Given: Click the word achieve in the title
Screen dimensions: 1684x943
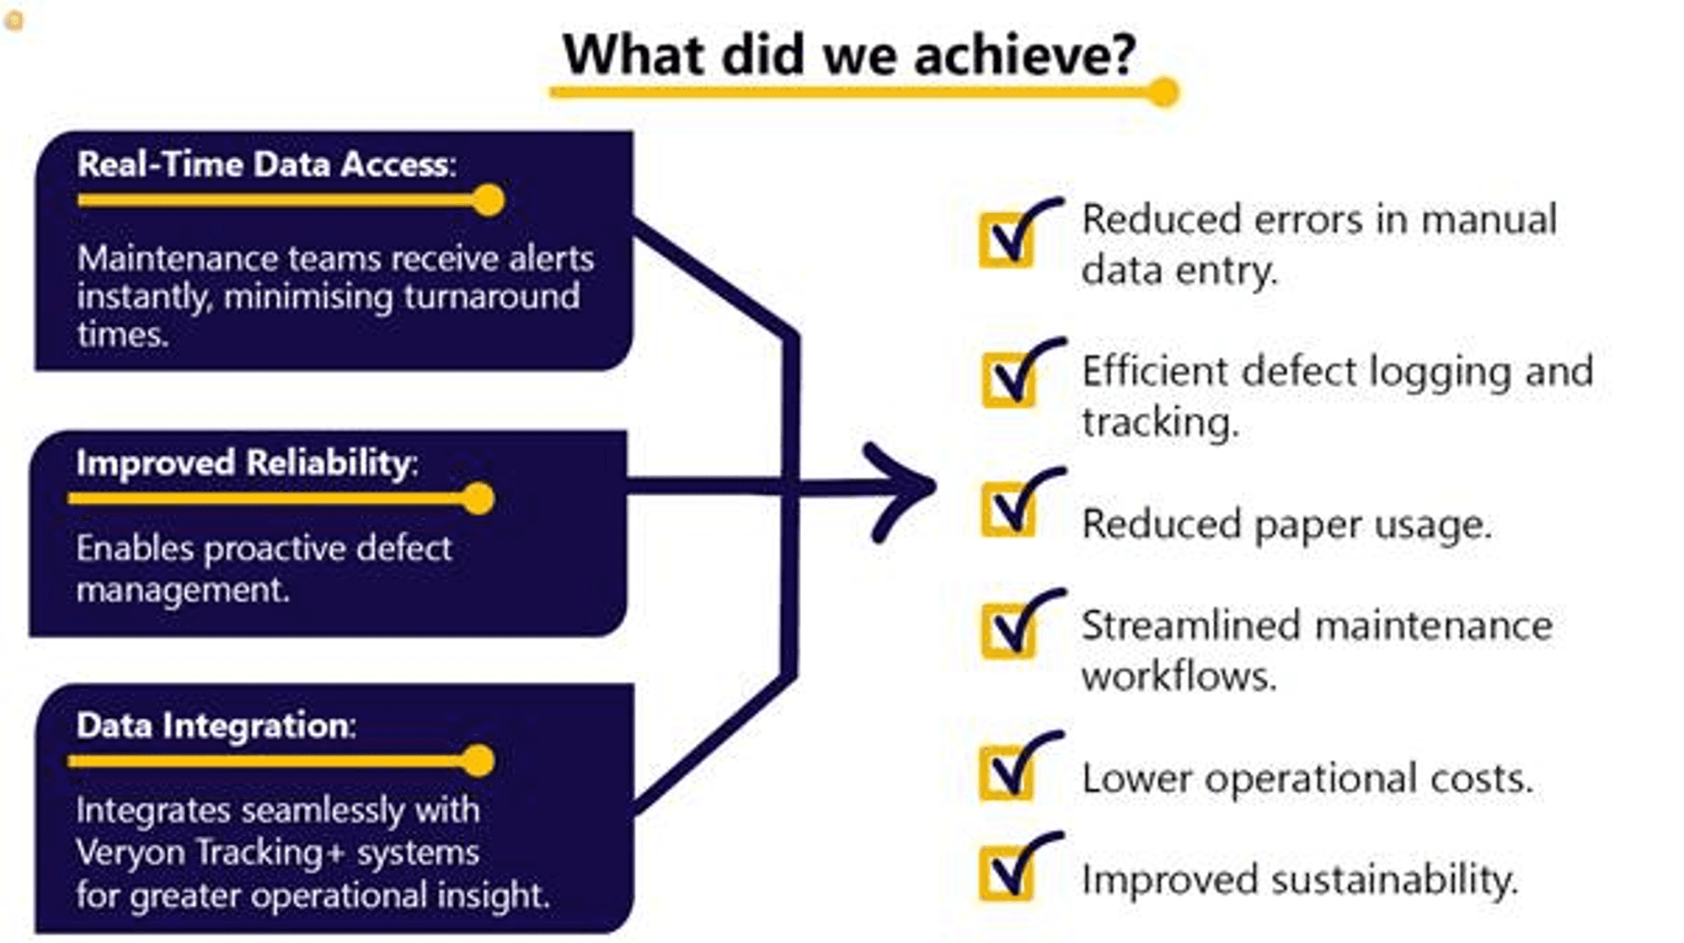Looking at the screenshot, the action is point(1024,56).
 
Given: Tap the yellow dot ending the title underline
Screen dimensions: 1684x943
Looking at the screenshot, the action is point(1163,92).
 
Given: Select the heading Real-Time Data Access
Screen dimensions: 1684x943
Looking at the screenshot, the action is point(266,163).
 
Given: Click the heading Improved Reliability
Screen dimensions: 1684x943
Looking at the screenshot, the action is point(246,463).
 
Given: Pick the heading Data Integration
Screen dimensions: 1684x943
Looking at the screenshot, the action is point(216,726).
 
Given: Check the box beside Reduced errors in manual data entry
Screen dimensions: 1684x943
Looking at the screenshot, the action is point(1006,241).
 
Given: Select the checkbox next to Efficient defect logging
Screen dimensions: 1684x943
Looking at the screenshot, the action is point(1008,380).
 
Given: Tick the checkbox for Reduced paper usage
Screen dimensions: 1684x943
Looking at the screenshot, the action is point(1008,510).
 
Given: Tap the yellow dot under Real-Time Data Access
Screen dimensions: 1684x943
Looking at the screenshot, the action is point(488,201).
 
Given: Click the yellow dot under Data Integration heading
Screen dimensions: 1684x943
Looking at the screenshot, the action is point(478,761).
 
